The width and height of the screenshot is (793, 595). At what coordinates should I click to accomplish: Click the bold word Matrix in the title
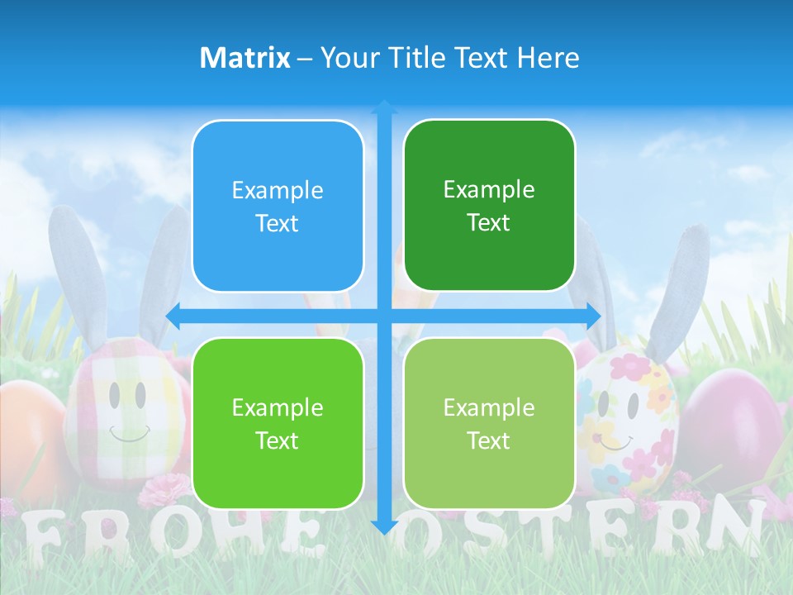(245, 58)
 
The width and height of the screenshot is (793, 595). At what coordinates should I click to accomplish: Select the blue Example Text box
(278, 207)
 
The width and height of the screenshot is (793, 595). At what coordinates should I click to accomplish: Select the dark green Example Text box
(489, 206)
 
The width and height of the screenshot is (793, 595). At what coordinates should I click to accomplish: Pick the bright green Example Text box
(278, 424)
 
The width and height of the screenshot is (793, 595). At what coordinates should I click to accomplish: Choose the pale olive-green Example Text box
(489, 424)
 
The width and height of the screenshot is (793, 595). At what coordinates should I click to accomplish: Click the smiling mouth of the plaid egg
(131, 434)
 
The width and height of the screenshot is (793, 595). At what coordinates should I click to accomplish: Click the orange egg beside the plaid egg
(33, 438)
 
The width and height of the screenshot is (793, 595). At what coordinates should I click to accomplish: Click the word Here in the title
(548, 58)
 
